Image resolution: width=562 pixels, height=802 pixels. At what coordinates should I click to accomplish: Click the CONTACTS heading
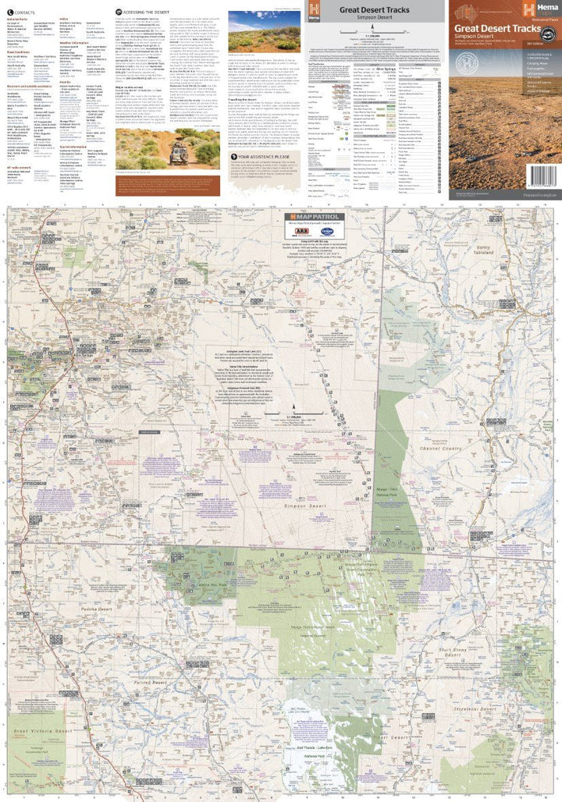[x=22, y=13]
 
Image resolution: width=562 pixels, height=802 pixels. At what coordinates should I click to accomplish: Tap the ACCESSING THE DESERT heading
[x=145, y=13]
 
